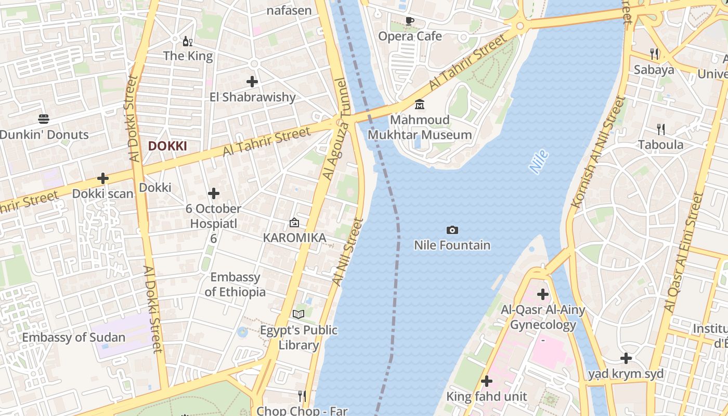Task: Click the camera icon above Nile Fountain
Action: click(452, 230)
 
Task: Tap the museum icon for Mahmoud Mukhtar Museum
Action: click(420, 105)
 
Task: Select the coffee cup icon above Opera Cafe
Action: click(410, 21)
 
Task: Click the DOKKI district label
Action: click(167, 146)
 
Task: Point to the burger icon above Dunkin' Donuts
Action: click(44, 120)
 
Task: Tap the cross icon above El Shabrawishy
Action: click(252, 82)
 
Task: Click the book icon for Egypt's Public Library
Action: click(298, 314)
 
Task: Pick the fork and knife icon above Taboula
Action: click(661, 129)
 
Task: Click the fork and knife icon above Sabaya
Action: click(654, 54)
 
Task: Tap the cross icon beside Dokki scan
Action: click(103, 179)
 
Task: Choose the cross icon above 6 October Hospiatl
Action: click(213, 194)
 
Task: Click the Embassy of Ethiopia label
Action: click(235, 284)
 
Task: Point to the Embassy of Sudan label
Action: click(73, 337)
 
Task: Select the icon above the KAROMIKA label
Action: click(294, 223)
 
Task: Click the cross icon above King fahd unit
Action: click(487, 381)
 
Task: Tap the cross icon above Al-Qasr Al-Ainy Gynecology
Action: click(543, 294)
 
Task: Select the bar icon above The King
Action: click(187, 41)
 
